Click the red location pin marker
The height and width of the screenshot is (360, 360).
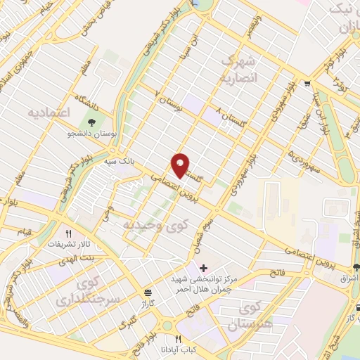click(x=181, y=165)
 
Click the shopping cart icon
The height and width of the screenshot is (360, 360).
click(x=307, y=84)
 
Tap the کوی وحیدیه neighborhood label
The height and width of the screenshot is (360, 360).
click(x=156, y=226)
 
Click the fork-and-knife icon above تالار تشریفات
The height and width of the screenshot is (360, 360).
click(x=69, y=233)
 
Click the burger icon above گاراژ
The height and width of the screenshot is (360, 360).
click(x=146, y=292)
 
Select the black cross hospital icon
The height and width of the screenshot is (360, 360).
click(x=204, y=268)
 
